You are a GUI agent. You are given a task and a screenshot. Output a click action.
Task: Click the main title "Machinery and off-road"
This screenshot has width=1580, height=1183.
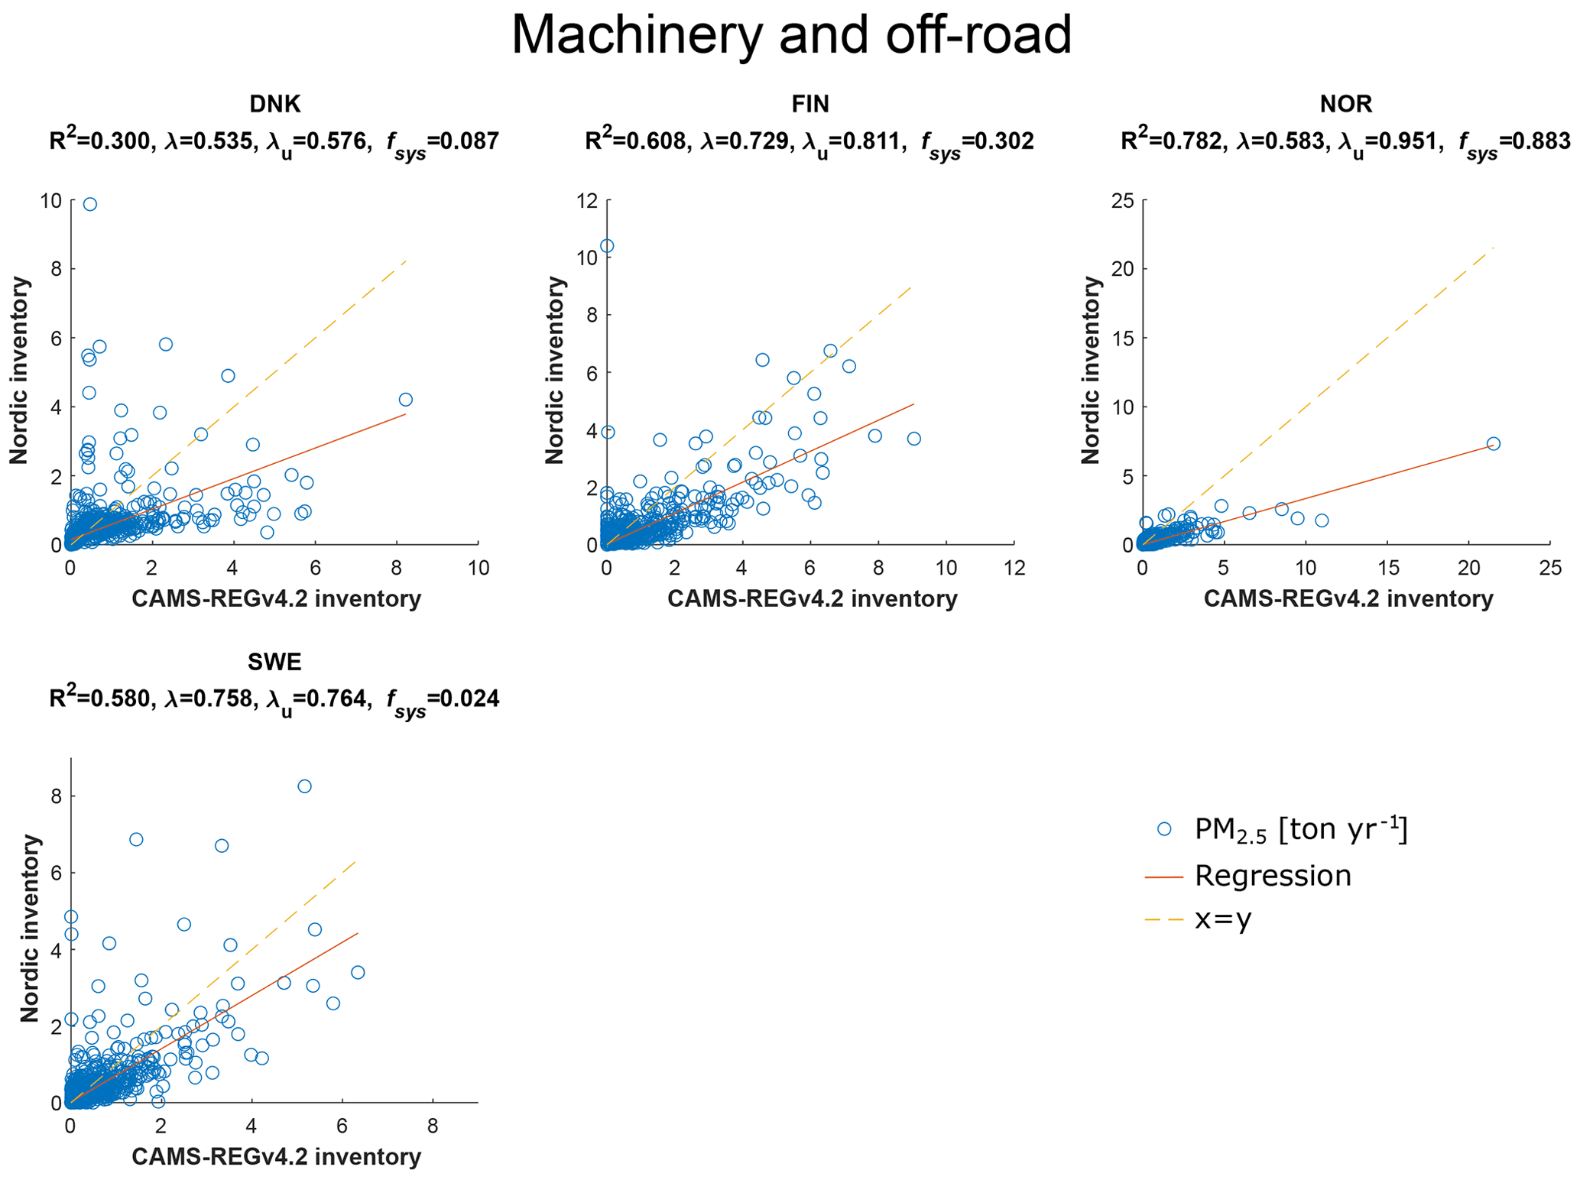pos(791,35)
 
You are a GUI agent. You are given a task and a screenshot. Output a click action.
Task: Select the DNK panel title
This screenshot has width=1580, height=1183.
pos(274,104)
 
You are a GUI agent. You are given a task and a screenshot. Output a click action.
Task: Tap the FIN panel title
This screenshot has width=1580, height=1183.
pos(810,104)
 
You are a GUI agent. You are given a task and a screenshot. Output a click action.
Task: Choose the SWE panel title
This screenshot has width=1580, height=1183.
pos(274,662)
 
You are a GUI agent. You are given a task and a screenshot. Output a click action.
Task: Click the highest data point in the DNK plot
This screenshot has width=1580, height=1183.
pos(90,204)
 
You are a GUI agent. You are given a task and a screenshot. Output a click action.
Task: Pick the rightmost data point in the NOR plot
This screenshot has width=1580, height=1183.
pos(1493,444)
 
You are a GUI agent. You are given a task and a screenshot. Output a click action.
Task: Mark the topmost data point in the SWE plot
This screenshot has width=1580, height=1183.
pos(304,786)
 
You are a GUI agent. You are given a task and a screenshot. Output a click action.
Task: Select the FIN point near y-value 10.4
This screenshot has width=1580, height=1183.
pos(607,246)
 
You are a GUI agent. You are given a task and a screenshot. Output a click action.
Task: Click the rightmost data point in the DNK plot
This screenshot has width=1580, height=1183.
pos(406,400)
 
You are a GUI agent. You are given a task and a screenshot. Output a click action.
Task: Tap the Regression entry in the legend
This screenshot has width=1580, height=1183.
pos(1273,876)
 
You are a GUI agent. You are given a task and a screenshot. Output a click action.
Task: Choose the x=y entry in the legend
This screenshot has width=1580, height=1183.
pos(1223,919)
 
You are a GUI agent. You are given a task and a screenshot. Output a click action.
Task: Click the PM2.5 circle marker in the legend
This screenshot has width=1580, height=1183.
pos(1164,829)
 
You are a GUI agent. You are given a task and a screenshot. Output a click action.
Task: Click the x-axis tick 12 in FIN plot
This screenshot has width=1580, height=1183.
pos(1014,568)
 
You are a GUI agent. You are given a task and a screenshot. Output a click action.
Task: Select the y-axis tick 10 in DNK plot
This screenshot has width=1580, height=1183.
pos(50,200)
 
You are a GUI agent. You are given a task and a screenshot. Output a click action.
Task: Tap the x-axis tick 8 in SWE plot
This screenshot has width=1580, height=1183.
pos(433,1126)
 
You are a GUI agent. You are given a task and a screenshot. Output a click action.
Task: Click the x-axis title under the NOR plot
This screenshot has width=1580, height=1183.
pos(1348,599)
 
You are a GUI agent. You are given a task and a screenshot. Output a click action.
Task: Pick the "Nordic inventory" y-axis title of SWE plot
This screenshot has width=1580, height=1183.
pos(29,929)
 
